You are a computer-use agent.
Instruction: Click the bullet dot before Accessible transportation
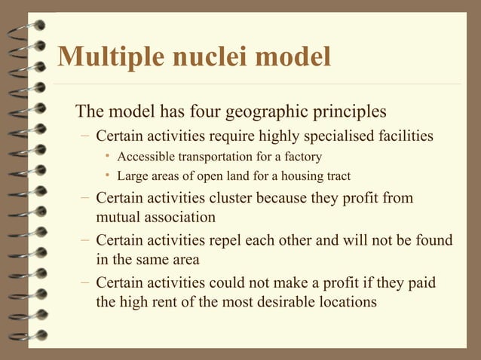(x=109, y=157)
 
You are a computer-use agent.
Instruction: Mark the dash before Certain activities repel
(x=86, y=241)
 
